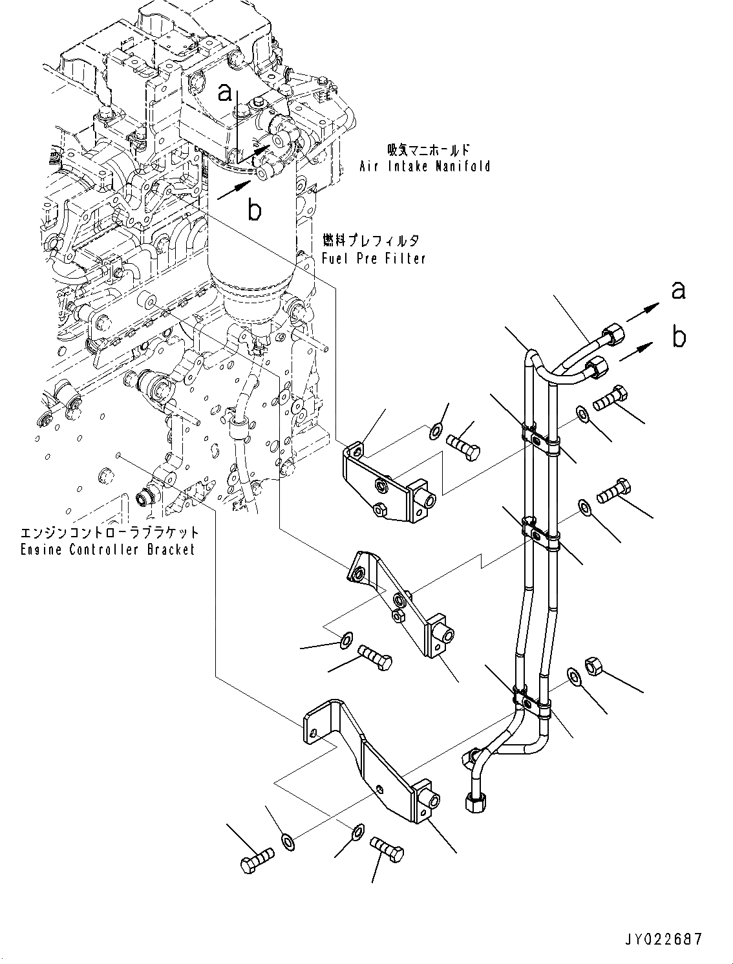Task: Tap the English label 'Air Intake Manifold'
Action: (x=425, y=166)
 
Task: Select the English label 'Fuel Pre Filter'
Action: (x=374, y=259)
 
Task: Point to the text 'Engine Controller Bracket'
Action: (x=107, y=550)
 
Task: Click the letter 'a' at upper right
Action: (x=678, y=291)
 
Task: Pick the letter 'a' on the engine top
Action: (x=224, y=94)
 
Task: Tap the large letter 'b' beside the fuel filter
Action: (x=255, y=209)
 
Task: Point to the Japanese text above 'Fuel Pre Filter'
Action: (x=370, y=241)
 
